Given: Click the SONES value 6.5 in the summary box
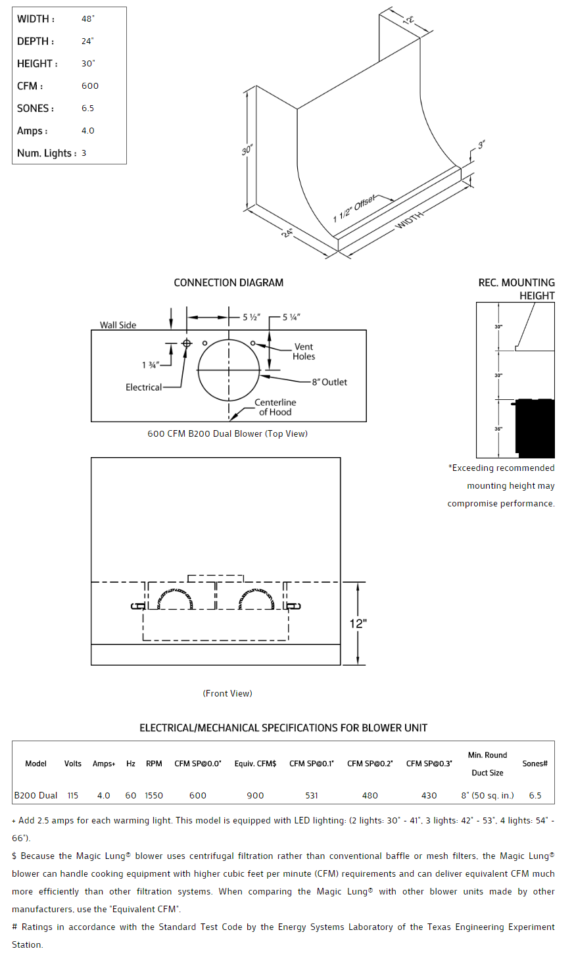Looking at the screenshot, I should point(87,109).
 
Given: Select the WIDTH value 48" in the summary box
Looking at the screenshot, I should point(87,19).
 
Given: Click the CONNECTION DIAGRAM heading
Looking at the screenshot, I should point(228,283).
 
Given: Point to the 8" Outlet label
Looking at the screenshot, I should point(329,382).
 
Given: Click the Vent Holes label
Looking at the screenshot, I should point(304,351).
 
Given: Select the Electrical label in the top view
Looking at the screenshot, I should point(143,387).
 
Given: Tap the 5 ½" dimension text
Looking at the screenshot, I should point(251,317).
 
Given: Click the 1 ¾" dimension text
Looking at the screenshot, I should point(150,365).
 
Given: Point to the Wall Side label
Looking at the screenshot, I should point(118,325).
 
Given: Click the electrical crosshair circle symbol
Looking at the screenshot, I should point(187,343).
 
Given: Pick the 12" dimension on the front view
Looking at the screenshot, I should point(358,623).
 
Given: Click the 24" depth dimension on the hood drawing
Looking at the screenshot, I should point(288,232).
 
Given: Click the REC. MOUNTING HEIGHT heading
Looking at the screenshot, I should point(516,289).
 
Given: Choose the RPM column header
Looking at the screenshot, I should point(154,764).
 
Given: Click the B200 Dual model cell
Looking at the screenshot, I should point(36,795).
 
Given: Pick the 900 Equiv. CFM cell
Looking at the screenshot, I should point(255,795).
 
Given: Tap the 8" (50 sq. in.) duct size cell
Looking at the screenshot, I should point(487,795).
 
